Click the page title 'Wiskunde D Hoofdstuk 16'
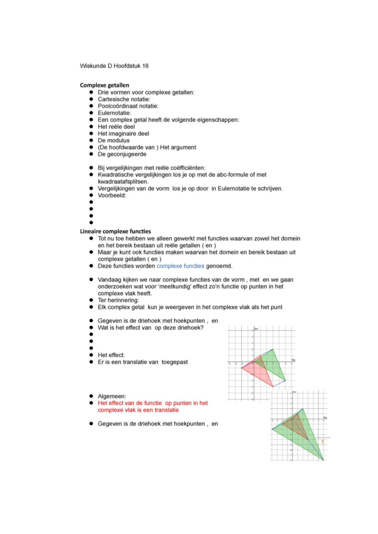[x=114, y=66]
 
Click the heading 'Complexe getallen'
[x=105, y=85]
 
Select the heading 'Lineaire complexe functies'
[x=115, y=231]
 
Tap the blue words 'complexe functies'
[x=180, y=266]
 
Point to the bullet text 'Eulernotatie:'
[x=114, y=113]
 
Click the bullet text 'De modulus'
[x=113, y=140]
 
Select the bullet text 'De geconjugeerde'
[x=122, y=154]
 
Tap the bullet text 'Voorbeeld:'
[x=112, y=196]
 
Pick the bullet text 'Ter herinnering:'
[x=118, y=300]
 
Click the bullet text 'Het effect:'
[x=111, y=355]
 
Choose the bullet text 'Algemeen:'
[x=112, y=396]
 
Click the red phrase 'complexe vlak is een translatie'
[x=138, y=410]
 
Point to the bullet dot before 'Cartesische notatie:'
[x=91, y=99]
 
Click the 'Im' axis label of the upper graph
[x=256, y=329]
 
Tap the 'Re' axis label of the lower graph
[x=325, y=418]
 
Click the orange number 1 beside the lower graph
[x=323, y=442]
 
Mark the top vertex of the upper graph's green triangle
[x=273, y=349]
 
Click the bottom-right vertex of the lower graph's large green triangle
[x=323, y=460]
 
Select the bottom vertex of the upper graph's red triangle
[x=272, y=386]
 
